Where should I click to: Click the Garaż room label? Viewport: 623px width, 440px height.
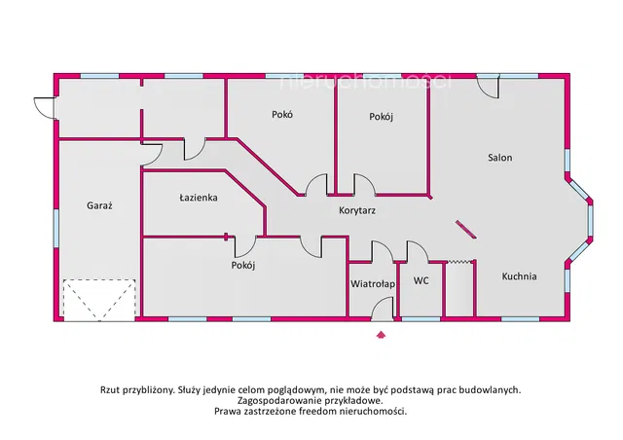point(99,205)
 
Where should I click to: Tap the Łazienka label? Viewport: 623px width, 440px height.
point(199,198)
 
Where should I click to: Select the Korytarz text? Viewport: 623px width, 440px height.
point(357,210)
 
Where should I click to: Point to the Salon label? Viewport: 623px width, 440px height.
point(499,158)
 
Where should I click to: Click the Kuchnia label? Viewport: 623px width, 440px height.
point(519,276)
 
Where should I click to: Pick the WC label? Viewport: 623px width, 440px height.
point(421,280)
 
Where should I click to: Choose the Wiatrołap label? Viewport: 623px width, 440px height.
point(373,284)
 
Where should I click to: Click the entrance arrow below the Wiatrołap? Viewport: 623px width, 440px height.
point(381,334)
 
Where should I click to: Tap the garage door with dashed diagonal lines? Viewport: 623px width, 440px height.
point(99,300)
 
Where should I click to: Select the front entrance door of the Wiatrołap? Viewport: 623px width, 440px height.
point(383,312)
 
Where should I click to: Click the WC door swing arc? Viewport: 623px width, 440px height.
point(418,251)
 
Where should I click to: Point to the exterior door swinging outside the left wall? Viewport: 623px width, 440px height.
point(45,108)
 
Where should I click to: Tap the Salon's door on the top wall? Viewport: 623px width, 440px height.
point(489,87)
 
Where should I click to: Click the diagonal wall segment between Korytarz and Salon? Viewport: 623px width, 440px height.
point(465,230)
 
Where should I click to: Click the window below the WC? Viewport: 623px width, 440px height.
point(421,318)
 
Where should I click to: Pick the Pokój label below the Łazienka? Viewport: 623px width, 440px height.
point(243,265)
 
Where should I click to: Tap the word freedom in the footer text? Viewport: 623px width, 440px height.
point(319,411)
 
